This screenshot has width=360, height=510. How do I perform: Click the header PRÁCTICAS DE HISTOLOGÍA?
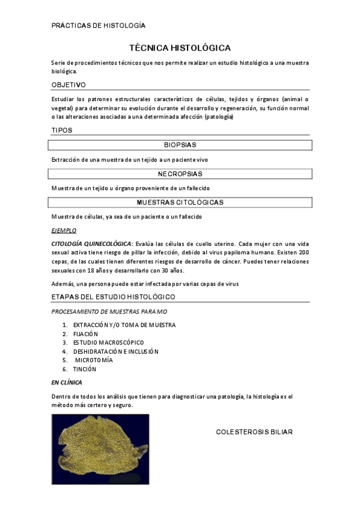99,25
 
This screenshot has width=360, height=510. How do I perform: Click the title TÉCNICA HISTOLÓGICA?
180,48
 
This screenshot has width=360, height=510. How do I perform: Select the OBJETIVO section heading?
69,85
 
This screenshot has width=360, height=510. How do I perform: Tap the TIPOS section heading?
63,130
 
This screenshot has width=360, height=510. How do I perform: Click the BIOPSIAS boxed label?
180,145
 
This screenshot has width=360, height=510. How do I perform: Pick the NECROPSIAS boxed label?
180,174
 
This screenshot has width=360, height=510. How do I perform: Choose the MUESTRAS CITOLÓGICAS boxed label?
180,203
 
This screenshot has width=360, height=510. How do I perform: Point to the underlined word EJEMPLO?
64,230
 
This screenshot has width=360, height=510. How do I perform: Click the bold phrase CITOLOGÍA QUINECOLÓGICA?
91,244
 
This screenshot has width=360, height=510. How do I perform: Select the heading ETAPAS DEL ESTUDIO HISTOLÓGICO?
113,297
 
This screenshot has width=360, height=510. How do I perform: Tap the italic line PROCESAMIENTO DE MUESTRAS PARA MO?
109,312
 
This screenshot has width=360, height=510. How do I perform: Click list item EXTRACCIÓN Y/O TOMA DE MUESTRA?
124,325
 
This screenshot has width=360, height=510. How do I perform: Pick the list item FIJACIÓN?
85,334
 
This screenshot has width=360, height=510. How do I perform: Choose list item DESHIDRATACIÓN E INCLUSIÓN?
115,351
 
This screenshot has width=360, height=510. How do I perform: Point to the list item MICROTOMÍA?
94,360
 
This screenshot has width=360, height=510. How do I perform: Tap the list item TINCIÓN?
84,369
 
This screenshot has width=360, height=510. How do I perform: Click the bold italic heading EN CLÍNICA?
67,382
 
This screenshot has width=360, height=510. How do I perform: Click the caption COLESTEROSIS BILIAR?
254,432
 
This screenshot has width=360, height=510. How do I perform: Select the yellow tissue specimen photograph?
100,449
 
